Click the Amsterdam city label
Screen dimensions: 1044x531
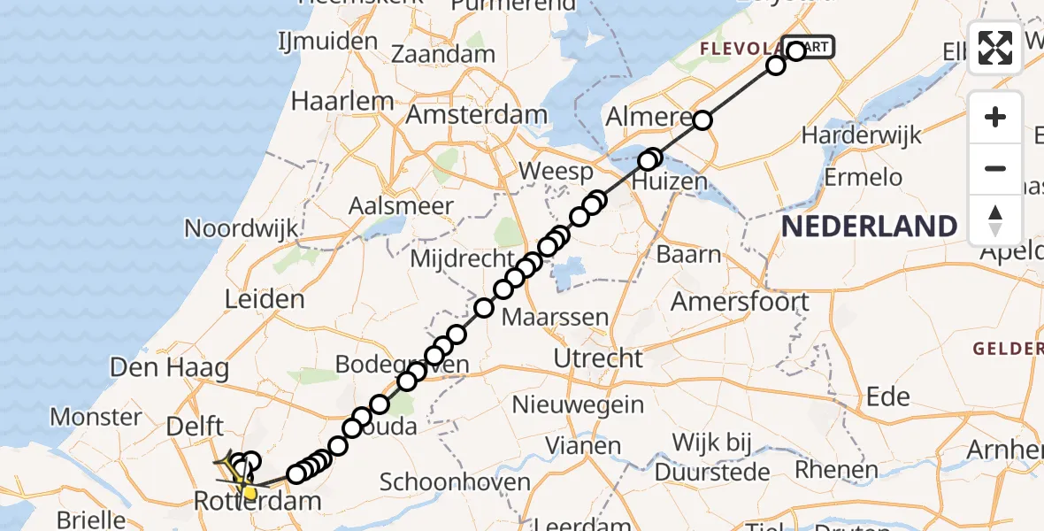tap(477, 115)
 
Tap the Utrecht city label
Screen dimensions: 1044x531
tap(598, 358)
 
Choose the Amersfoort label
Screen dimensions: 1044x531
tap(740, 302)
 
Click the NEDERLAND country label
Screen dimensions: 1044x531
tap(869, 227)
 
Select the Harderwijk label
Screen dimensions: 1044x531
tap(861, 135)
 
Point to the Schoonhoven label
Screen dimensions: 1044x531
tap(455, 482)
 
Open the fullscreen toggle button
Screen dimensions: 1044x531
tap(995, 48)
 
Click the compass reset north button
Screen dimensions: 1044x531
tap(995, 220)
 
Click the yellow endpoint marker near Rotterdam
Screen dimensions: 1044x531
tap(249, 491)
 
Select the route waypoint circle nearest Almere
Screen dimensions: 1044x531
tap(702, 119)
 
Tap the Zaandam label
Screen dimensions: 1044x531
tap(443, 54)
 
